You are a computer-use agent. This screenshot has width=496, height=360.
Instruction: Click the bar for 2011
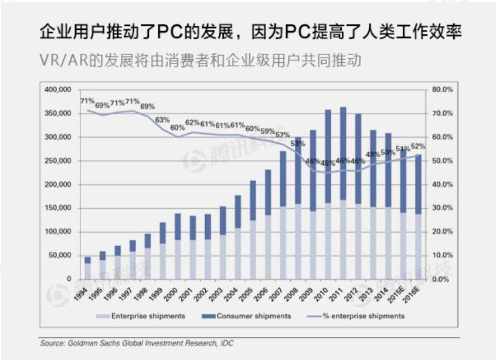[x=343, y=193]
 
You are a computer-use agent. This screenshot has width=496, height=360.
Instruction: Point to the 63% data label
[x=162, y=120]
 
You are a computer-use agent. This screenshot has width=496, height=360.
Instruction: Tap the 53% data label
[x=298, y=143]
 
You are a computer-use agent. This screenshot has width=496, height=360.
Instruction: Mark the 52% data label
[x=419, y=147]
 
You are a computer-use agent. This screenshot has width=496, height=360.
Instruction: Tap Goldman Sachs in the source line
[x=89, y=342]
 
